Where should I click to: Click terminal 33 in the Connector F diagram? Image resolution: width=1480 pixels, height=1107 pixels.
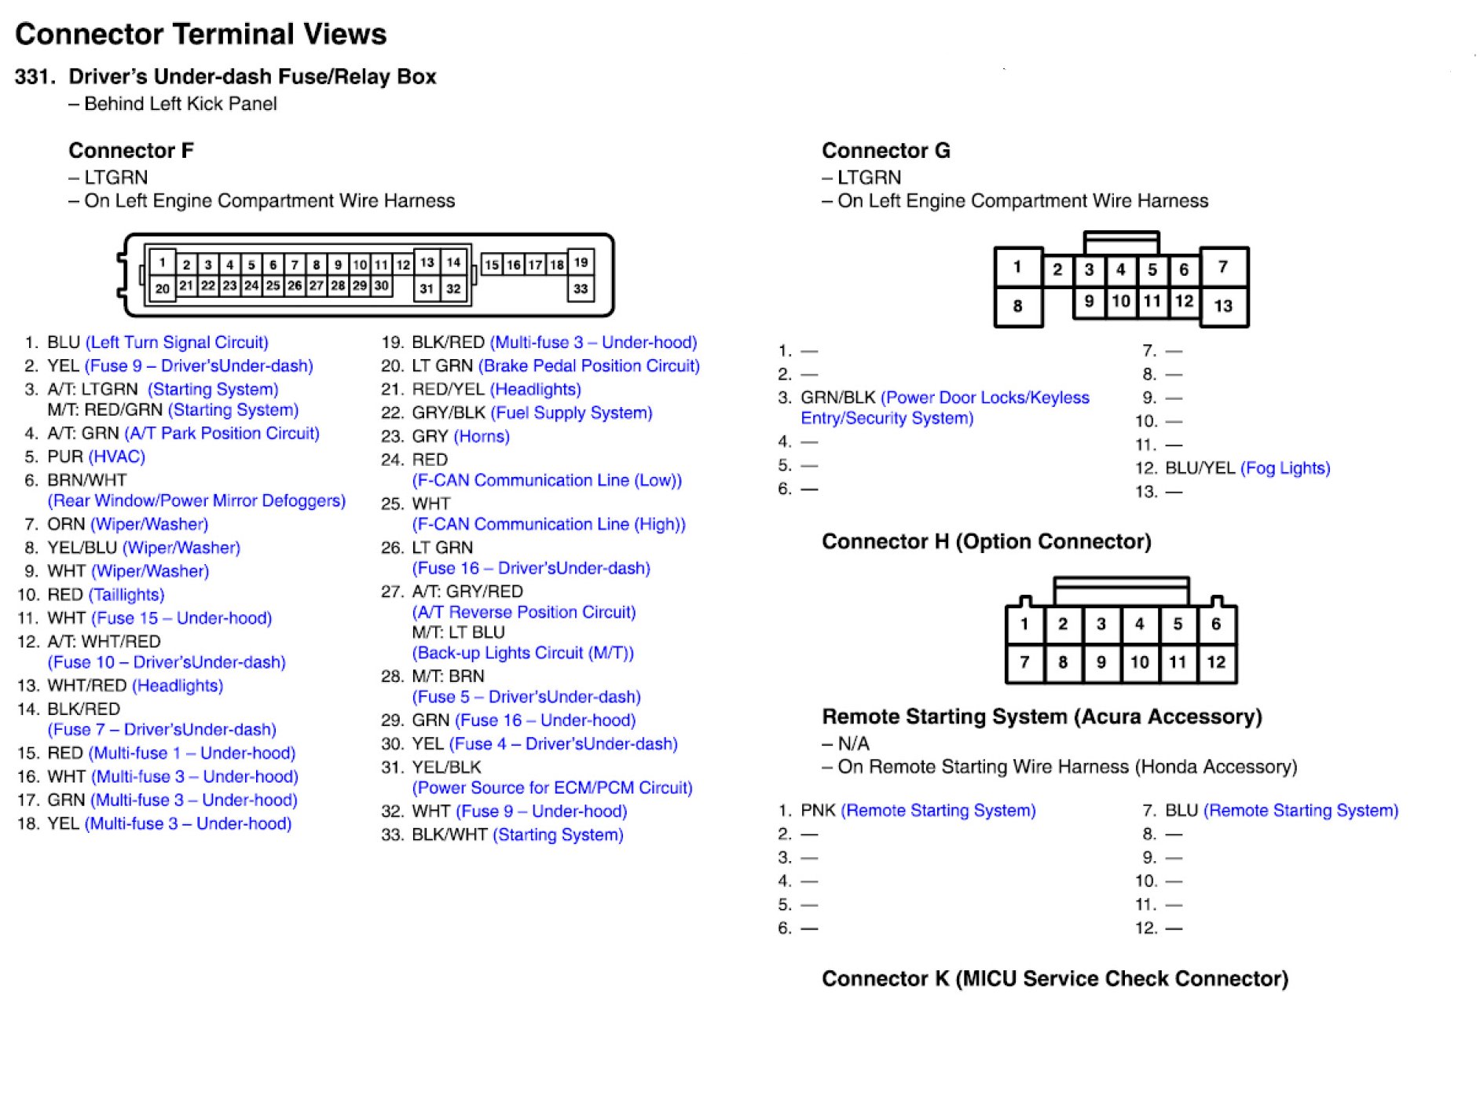click(x=581, y=288)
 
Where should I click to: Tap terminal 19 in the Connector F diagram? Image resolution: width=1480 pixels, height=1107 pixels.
click(x=581, y=262)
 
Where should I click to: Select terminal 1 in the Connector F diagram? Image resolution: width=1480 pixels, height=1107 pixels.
click(x=163, y=262)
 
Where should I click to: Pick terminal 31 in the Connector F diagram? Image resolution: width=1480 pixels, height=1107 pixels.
click(x=427, y=288)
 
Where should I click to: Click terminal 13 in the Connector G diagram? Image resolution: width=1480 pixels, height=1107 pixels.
click(x=1223, y=306)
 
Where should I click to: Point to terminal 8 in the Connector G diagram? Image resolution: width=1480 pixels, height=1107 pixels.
click(x=1017, y=306)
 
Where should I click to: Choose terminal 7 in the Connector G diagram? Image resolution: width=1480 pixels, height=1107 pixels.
click(x=1223, y=267)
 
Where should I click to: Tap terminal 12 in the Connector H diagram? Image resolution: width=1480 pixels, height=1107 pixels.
click(x=1216, y=662)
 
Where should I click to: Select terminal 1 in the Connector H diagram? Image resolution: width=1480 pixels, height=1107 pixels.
click(x=1024, y=625)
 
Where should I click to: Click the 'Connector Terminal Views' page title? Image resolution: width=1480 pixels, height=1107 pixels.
click(x=201, y=35)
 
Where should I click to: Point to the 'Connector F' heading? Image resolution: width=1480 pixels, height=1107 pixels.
click(x=131, y=150)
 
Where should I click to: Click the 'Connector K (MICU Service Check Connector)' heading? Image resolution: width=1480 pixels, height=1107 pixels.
click(x=1055, y=978)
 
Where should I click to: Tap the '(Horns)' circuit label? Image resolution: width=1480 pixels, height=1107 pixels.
click(x=482, y=436)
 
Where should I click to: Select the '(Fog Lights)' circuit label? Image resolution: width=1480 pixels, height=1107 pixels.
click(x=1285, y=468)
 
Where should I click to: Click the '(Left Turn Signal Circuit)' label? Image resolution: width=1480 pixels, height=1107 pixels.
click(x=177, y=343)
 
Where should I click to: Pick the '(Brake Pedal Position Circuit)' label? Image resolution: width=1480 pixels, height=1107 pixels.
click(x=588, y=366)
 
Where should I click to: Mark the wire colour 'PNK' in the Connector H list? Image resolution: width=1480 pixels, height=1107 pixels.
click(x=818, y=810)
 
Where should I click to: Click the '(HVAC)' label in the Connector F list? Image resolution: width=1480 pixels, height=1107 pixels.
click(x=117, y=456)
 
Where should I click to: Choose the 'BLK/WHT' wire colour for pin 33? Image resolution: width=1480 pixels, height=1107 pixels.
click(x=449, y=834)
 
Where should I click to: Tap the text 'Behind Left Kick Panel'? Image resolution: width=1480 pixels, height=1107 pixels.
click(x=180, y=104)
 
